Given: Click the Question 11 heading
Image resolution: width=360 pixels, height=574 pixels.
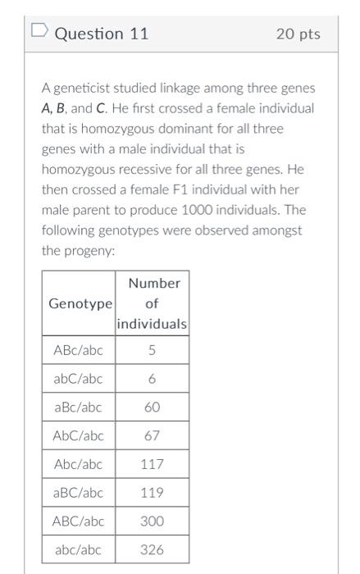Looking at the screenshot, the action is tap(101, 34).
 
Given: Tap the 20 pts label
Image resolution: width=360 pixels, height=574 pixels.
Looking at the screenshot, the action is tap(298, 34).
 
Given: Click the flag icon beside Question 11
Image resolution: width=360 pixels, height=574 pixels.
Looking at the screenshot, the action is tap(39, 32).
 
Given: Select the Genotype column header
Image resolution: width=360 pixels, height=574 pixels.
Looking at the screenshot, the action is tap(79, 303).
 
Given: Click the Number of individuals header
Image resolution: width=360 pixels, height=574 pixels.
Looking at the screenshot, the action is tap(153, 303).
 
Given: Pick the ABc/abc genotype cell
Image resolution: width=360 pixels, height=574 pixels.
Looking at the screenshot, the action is tap(78, 351).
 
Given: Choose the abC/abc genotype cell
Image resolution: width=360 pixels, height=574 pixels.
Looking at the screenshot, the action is tap(78, 379).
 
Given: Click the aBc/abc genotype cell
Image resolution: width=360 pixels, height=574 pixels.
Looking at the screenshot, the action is tap(78, 408).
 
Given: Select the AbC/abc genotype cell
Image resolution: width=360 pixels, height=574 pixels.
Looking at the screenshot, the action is tap(78, 435).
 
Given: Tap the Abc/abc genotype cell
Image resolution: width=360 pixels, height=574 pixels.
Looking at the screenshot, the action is tap(78, 464).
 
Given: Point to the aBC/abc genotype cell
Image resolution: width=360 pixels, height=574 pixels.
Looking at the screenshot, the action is tap(78, 493).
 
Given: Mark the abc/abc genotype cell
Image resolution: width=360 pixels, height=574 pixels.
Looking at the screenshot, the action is tap(78, 549).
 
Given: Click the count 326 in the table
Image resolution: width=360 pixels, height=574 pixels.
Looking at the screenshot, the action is tap(152, 549).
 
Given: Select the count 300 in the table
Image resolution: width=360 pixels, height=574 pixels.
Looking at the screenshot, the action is tap(152, 521).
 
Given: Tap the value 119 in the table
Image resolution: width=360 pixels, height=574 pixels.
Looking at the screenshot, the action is tap(152, 493).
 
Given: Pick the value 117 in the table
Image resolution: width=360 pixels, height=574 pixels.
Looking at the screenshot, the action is tap(152, 464).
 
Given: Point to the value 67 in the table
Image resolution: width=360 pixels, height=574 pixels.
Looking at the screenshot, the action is tap(152, 435).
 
